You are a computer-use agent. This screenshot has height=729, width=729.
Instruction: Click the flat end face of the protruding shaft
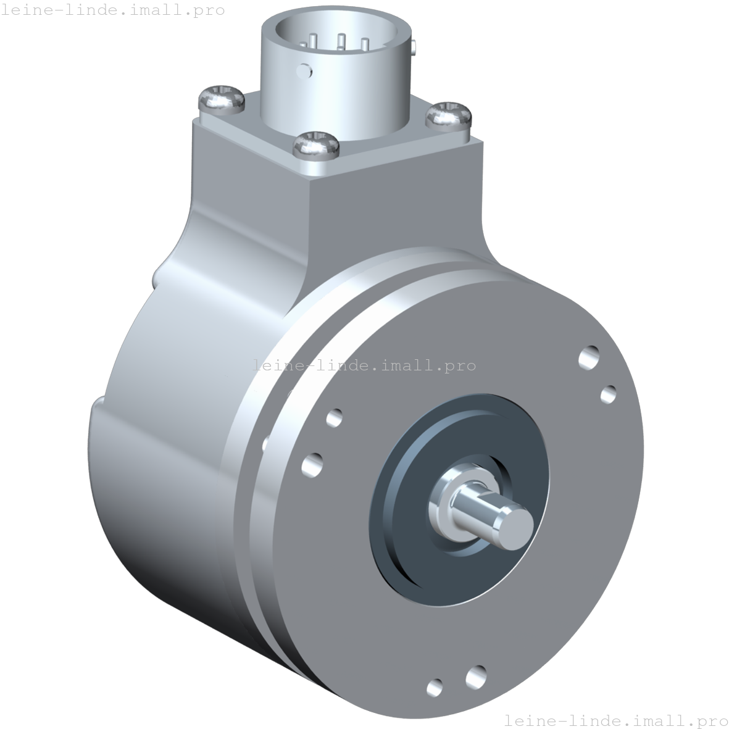tap(515, 529)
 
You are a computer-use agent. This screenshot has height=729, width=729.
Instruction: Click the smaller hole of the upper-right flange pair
tap(608, 394)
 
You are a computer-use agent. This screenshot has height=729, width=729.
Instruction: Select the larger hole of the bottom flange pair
tap(476, 677)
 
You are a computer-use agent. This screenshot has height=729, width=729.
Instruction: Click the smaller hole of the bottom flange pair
tap(435, 686)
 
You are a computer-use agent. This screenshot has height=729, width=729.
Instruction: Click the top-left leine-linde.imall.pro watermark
tap(112, 10)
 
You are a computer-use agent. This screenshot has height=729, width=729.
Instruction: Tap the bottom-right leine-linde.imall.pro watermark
tap(615, 720)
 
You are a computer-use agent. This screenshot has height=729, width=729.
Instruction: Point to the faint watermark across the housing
tap(364, 365)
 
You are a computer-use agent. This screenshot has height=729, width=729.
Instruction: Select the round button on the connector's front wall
tap(305, 70)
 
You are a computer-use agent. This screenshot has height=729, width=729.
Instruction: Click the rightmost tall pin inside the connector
tap(364, 44)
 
